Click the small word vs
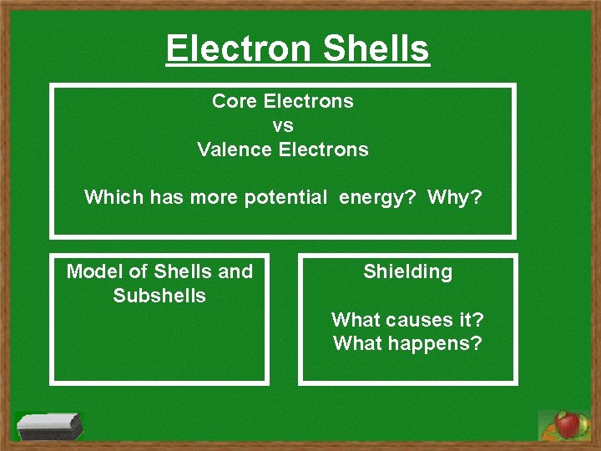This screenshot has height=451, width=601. pyautogui.click(x=283, y=125)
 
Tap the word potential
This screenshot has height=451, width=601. pyautogui.click(x=285, y=197)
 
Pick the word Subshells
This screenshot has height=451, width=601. pyautogui.click(x=159, y=296)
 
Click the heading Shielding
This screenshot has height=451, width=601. pyautogui.click(x=408, y=271)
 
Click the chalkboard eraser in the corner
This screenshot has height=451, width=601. pyautogui.click(x=50, y=425)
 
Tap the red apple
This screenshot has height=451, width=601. pyautogui.click(x=568, y=424)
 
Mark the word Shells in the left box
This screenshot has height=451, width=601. pyautogui.click(x=183, y=271)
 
